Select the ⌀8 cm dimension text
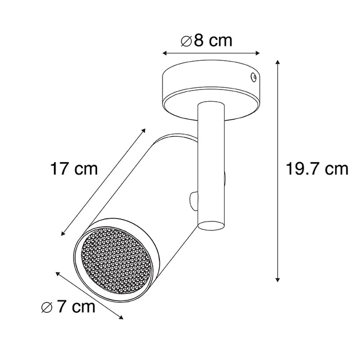[207, 41]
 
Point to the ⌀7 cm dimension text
[68, 307]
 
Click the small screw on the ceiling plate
[253, 77]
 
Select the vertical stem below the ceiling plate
[211, 165]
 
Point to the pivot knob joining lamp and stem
[194, 201]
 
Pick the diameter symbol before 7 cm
[46, 307]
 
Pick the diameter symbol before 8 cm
[187, 41]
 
